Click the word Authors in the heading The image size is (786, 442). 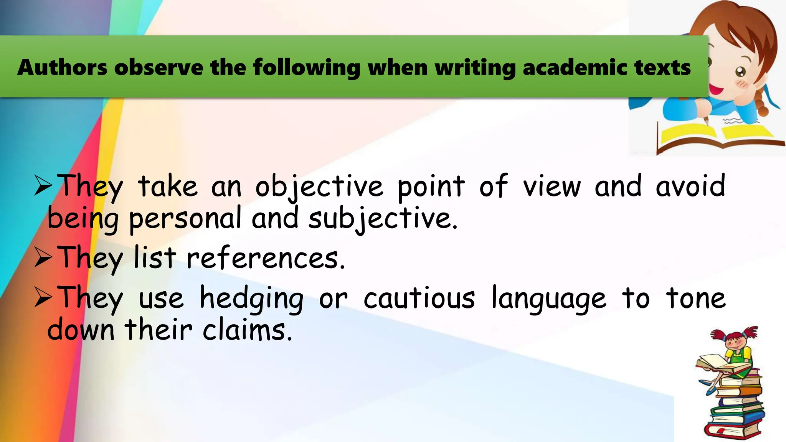pos(62,68)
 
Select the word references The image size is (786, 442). pos(266,258)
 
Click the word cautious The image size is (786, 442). pos(419,299)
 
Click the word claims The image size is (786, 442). pos(247,330)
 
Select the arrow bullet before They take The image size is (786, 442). pos(43,186)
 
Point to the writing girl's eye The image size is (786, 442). pos(740,71)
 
